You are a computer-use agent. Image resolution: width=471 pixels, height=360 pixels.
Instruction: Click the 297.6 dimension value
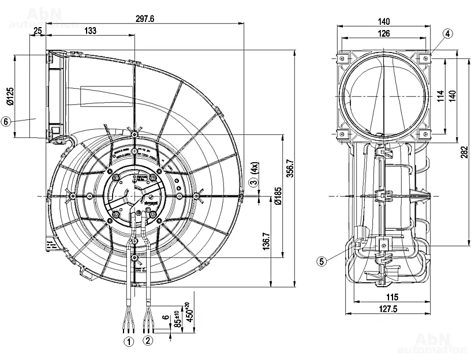[145, 18]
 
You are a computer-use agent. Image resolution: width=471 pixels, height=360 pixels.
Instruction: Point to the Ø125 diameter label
[10, 96]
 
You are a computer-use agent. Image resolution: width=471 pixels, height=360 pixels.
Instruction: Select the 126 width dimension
[384, 33]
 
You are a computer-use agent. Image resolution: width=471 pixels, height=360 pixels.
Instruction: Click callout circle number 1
[128, 341]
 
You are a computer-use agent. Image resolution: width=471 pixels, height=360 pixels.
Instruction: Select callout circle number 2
[148, 341]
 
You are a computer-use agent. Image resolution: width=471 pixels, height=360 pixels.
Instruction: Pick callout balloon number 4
[448, 33]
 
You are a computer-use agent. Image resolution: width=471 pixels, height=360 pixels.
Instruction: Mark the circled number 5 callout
[322, 261]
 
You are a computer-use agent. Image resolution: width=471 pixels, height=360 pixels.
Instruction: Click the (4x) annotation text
[254, 169]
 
